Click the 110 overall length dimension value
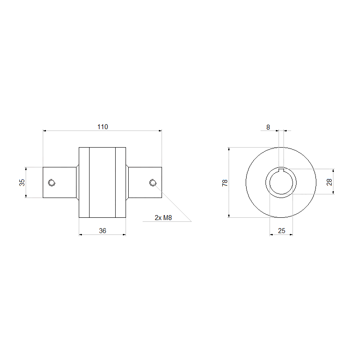point(103,127)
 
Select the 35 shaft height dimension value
point(22,183)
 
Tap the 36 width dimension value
point(103,230)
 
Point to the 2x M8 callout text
point(163,218)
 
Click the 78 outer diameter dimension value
point(225,183)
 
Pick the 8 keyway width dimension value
point(268,127)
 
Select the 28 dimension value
point(329,182)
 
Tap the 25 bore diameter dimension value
point(282,230)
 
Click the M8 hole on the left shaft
point(52,183)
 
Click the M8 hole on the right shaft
point(153,183)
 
